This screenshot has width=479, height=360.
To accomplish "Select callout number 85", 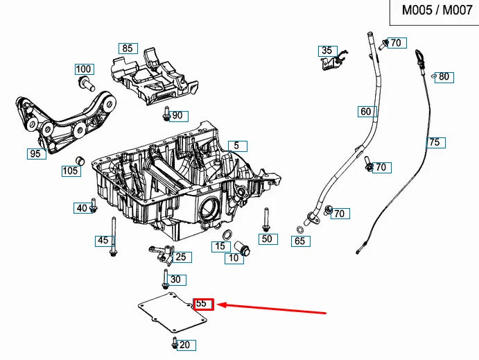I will (x=127, y=49).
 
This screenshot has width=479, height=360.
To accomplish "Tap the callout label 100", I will (x=84, y=69).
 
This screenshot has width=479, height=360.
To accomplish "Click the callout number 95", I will (x=35, y=154).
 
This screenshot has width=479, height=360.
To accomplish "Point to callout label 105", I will (x=70, y=171).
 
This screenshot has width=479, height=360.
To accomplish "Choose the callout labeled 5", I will (x=236, y=146).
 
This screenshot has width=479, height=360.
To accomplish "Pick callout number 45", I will (x=103, y=241).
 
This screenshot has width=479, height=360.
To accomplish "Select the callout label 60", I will (x=365, y=112).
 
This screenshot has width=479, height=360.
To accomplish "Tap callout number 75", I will (x=434, y=143).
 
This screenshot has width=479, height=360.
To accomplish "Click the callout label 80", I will (x=444, y=77).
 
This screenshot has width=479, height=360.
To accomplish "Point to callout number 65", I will (x=299, y=241).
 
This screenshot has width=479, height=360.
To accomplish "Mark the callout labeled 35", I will (x=326, y=51).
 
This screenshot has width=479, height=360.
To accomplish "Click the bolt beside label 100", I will (x=85, y=84).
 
